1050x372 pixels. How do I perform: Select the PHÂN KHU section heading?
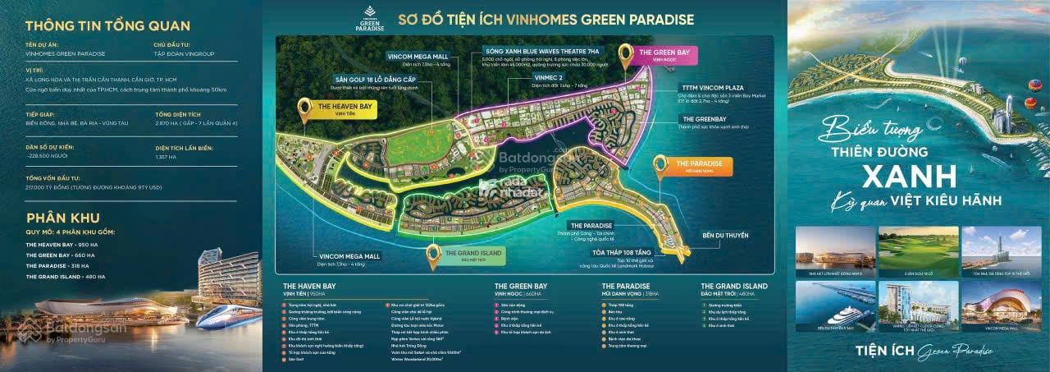tap(63, 218)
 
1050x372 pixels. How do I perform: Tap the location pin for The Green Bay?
tap(629, 53)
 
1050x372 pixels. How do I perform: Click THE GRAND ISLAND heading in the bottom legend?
tap(734, 286)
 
